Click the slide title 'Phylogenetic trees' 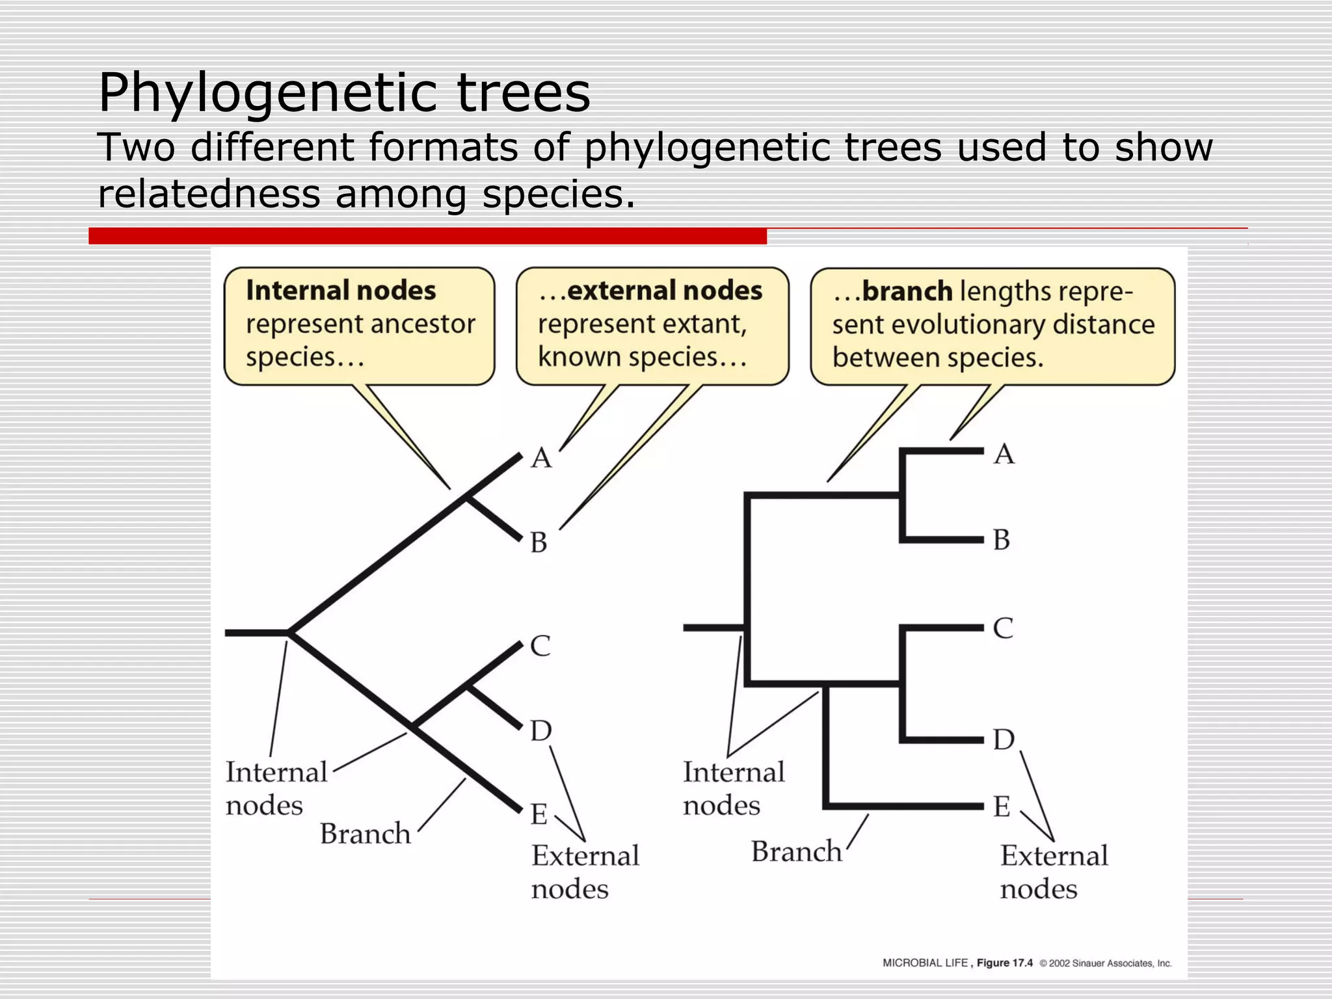344,93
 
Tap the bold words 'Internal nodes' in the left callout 341,291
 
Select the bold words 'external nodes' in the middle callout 664,291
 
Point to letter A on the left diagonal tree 541,459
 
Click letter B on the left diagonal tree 539,542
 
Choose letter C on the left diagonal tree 540,646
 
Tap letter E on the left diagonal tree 539,814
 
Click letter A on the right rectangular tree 1004,454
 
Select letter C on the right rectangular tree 1003,628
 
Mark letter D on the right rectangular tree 1004,740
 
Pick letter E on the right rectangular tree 1002,807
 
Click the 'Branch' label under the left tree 366,834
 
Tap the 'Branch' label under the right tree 797,851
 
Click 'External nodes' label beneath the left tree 585,872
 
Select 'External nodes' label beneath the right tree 1054,872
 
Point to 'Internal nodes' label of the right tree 734,788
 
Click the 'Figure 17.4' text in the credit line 1004,963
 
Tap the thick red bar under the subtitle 427,236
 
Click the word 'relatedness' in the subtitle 209,194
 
